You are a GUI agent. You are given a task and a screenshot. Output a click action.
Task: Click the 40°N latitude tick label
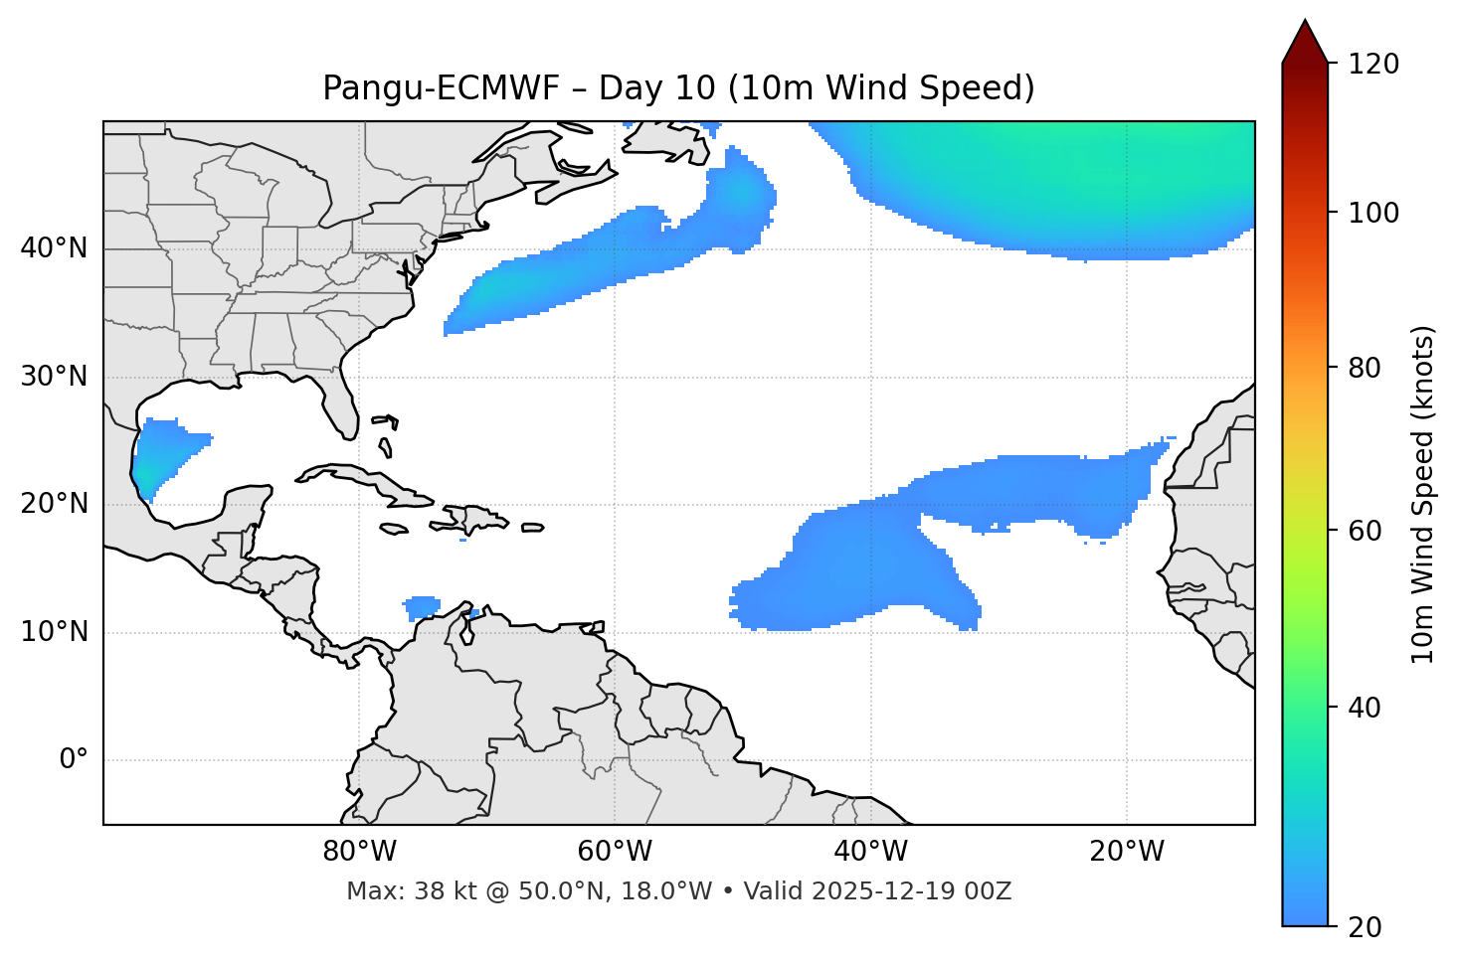(x=54, y=248)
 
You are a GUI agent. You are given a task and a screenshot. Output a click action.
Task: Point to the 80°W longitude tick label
(x=359, y=852)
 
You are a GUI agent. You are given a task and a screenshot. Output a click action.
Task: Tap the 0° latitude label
(x=74, y=760)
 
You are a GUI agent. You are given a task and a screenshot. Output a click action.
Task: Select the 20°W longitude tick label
(x=1127, y=852)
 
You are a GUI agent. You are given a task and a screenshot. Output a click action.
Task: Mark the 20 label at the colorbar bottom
(x=1366, y=927)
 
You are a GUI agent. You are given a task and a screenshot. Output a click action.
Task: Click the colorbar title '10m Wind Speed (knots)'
(x=1423, y=494)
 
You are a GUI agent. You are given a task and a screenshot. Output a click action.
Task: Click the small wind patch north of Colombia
(x=422, y=605)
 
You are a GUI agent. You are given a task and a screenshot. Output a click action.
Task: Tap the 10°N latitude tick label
(x=54, y=633)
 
